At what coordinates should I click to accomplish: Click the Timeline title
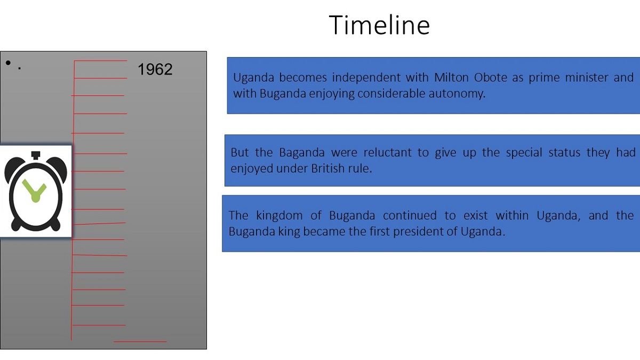(379, 25)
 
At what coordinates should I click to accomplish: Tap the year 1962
(155, 69)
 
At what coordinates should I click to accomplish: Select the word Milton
(451, 77)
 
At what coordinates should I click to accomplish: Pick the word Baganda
(302, 153)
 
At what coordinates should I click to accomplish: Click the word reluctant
(387, 153)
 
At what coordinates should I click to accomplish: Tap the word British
(327, 169)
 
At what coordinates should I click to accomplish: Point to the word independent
(366, 78)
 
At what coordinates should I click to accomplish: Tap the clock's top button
(36, 155)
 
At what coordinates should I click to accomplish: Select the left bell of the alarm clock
(13, 169)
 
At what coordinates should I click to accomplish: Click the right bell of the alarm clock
(58, 169)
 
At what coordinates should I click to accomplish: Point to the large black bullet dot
(8, 62)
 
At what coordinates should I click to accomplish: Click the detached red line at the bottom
(140, 341)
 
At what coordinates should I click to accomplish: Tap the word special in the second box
(524, 153)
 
